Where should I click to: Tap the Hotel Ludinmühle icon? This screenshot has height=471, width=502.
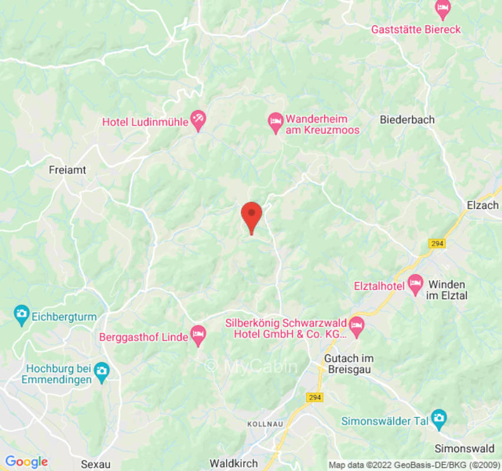[198, 121]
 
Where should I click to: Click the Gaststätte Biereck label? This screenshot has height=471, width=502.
[415, 29]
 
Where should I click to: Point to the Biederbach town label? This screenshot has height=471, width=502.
[407, 120]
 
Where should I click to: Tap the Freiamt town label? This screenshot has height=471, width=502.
[67, 170]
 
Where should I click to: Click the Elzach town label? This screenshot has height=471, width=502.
[483, 205]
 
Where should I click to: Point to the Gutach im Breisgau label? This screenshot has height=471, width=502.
[349, 364]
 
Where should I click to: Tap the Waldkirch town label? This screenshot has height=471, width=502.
[234, 463]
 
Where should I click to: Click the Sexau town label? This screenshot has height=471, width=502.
[95, 463]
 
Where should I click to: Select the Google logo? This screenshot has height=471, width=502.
[26, 462]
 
